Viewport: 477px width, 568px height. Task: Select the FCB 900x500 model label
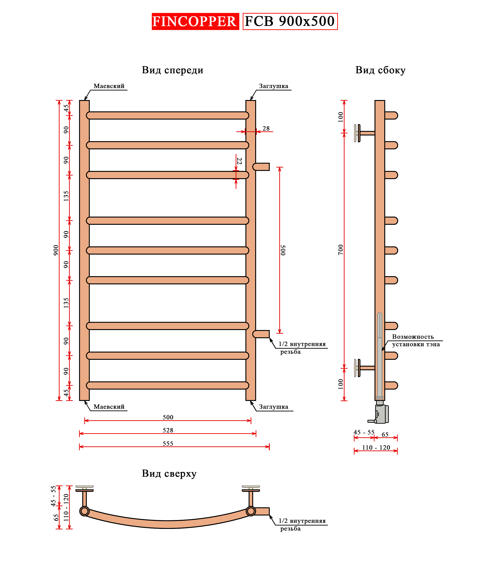(290, 21)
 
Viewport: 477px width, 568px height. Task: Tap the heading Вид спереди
(172, 70)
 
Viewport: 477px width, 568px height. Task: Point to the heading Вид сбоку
(380, 70)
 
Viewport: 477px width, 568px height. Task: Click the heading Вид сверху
(169, 474)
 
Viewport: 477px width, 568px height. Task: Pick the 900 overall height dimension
(56, 250)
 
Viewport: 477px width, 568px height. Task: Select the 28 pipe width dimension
(266, 128)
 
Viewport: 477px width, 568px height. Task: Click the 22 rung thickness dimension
(239, 161)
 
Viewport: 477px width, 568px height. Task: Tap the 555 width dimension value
(168, 444)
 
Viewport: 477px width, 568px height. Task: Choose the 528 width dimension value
(168, 430)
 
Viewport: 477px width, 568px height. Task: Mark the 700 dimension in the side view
(340, 249)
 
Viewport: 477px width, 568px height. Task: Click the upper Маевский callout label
(109, 86)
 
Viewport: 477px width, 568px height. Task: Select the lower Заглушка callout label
(273, 407)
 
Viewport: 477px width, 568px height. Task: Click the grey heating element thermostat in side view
(382, 414)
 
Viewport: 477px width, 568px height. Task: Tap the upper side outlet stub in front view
(261, 167)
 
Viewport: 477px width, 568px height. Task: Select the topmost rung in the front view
(167, 115)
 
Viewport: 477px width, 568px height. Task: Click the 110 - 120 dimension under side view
(376, 448)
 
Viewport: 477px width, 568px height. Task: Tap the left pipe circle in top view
(84, 511)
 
